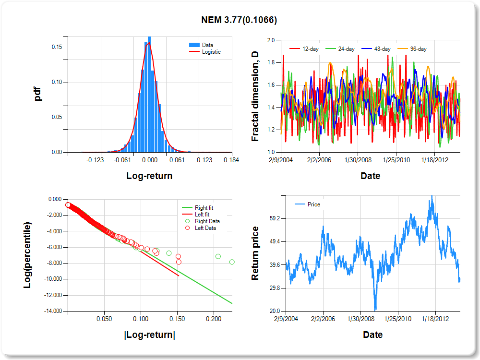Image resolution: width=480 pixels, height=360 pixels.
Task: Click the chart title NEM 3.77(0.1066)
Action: coord(239,20)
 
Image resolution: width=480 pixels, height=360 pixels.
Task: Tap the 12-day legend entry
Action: coord(308,49)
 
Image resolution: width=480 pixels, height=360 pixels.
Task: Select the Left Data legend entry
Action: coord(205,228)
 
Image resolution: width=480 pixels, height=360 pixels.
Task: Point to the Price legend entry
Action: coord(313,204)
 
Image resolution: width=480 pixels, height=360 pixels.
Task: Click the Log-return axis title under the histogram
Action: coord(149,176)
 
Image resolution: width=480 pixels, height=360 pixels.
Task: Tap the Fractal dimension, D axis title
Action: coord(255,96)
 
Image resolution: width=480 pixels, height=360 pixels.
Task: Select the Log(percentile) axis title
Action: coord(28,255)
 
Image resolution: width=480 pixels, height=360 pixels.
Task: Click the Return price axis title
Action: coord(255,253)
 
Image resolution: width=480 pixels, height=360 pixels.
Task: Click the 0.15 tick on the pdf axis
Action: coord(57,47)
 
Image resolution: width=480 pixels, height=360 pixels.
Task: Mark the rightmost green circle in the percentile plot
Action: coord(232,262)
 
